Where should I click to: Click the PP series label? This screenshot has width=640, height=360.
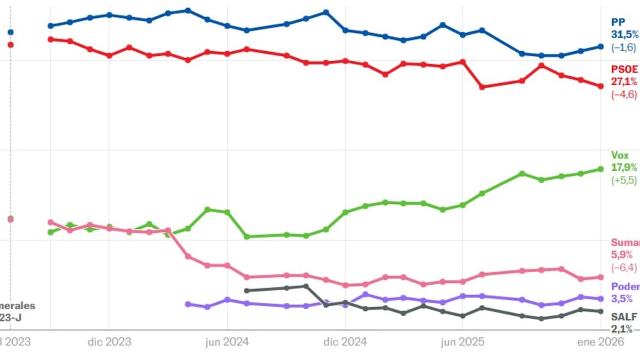[x=618, y=22]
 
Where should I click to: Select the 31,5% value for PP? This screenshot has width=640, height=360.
[x=625, y=35]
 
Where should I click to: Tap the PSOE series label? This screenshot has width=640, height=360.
[x=625, y=69]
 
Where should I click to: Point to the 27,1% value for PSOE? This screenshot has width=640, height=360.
[x=624, y=82]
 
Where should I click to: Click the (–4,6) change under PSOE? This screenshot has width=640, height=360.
[x=624, y=94]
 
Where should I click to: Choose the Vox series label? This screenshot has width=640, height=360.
[x=620, y=155]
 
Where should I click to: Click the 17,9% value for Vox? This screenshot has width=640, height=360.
[x=624, y=167]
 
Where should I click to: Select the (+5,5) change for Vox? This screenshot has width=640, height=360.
[x=624, y=180]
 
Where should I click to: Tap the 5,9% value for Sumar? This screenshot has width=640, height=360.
[x=622, y=255]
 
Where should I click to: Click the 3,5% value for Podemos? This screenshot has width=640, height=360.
[x=622, y=299]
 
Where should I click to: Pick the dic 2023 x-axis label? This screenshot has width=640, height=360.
[x=109, y=342]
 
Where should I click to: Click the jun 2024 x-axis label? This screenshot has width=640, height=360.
[x=228, y=342]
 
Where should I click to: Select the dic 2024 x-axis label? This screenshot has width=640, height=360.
[x=346, y=342]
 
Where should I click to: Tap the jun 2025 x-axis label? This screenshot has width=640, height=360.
[x=463, y=342]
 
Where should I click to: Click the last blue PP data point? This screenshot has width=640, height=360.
[x=601, y=46]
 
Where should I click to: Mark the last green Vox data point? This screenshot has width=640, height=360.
[x=601, y=169]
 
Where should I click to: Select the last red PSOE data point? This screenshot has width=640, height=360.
[x=601, y=86]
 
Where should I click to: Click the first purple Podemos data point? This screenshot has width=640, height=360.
[x=188, y=304]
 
